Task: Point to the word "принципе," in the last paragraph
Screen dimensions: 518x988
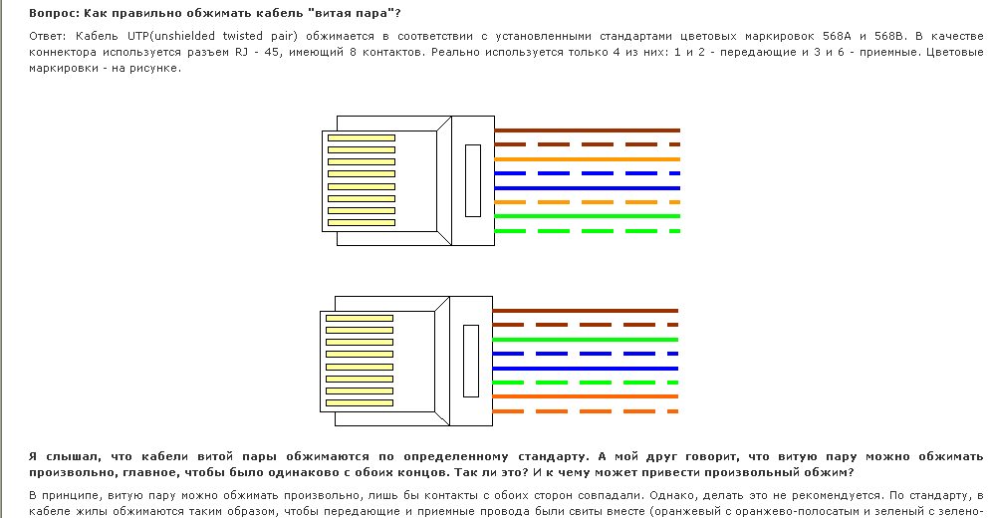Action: click(x=71, y=495)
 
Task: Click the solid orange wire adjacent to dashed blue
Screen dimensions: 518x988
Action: click(x=588, y=159)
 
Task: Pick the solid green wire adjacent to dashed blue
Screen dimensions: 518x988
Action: click(x=588, y=340)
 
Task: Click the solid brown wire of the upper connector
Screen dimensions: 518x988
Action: click(x=588, y=130)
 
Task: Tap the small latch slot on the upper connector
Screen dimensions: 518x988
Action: click(x=472, y=180)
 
